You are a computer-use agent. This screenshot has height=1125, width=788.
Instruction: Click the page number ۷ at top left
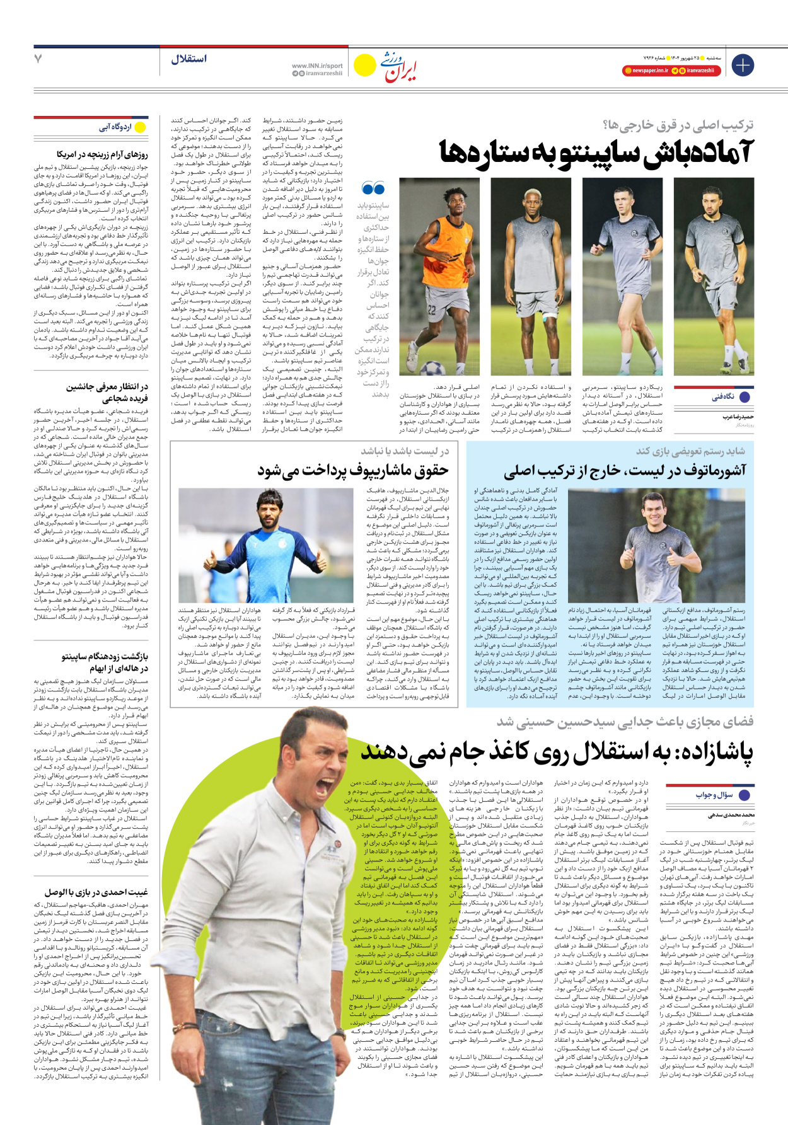tap(38, 59)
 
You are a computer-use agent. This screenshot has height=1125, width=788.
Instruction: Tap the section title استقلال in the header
tap(188, 59)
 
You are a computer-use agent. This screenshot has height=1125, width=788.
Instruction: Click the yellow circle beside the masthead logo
tap(364, 65)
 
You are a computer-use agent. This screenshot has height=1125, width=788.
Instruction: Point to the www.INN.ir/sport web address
tap(317, 65)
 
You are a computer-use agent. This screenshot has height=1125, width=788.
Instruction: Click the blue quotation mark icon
tap(373, 188)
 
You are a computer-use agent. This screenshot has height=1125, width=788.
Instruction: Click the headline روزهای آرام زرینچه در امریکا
tap(102, 154)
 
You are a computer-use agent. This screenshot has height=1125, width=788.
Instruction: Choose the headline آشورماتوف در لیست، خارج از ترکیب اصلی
tap(625, 470)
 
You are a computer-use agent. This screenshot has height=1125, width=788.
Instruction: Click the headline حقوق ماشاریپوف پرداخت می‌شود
tap(352, 470)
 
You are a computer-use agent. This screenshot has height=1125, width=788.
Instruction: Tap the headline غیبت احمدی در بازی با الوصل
tap(96, 892)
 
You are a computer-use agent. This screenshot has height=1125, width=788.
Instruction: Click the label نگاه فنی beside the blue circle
tap(723, 397)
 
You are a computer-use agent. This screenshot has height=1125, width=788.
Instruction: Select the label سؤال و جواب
tap(714, 795)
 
